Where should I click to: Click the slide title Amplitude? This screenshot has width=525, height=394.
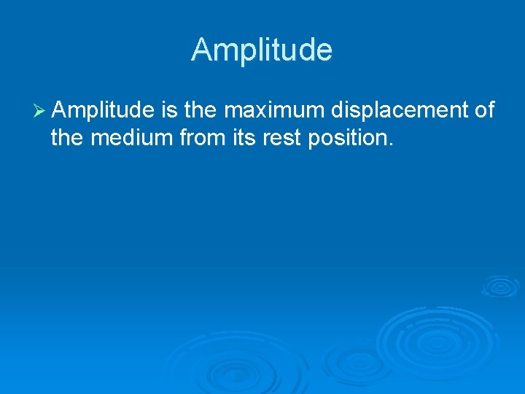click(262, 50)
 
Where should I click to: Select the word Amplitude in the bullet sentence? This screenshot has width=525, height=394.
click(103, 110)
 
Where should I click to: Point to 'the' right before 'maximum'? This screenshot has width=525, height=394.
click(201, 110)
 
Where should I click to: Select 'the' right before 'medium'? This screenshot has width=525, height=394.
click(68, 138)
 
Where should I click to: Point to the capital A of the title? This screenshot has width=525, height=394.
click(201, 50)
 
